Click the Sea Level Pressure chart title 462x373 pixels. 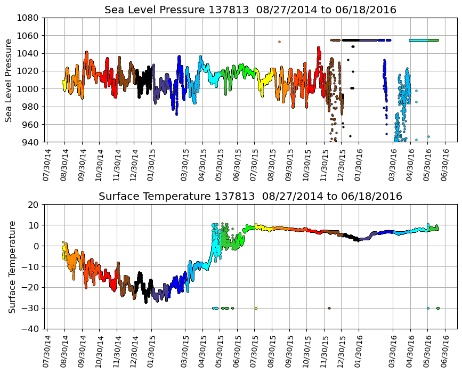(250, 10)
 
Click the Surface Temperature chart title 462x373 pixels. (250, 197)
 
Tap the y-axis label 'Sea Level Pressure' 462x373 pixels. (10, 80)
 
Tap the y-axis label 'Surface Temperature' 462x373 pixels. (11, 266)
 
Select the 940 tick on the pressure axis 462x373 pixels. (30, 142)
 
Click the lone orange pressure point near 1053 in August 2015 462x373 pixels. (279, 42)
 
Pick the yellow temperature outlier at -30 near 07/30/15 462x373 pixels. (256, 308)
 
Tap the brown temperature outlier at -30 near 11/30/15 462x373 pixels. (329, 308)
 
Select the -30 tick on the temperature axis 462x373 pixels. (30, 308)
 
